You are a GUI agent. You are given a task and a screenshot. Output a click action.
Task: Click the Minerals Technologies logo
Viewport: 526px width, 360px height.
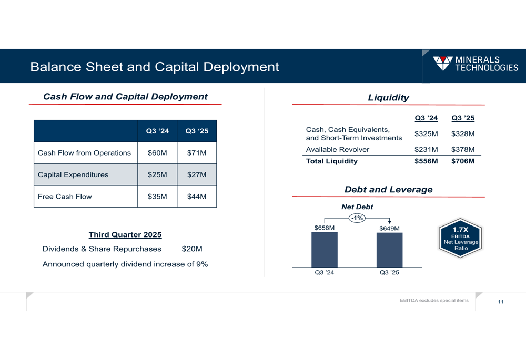(x=475, y=64)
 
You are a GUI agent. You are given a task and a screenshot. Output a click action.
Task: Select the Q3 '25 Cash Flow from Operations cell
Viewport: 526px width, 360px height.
(x=197, y=153)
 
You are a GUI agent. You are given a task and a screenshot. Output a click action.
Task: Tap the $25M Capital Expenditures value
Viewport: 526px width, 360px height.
(x=157, y=174)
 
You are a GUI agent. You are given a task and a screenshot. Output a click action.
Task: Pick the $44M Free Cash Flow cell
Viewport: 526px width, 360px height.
(x=197, y=197)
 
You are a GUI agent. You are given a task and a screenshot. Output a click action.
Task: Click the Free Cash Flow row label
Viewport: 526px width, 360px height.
(x=65, y=197)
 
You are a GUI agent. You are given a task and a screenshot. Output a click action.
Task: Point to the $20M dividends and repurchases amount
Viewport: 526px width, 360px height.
(x=192, y=249)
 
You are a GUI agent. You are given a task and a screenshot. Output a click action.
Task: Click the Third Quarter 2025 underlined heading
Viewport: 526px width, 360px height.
(x=125, y=235)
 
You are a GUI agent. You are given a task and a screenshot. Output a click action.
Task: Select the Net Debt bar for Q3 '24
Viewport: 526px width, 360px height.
(x=325, y=250)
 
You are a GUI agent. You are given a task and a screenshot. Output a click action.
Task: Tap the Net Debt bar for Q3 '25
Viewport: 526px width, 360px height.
(x=390, y=250)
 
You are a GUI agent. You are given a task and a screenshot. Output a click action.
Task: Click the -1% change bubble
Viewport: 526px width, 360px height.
(x=357, y=218)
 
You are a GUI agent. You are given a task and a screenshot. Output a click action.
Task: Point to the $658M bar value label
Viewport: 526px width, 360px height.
(x=325, y=228)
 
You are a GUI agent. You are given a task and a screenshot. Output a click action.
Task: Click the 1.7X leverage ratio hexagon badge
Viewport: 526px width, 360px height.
(x=461, y=238)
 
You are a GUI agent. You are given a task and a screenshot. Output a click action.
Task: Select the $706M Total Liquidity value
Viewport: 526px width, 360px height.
(x=463, y=161)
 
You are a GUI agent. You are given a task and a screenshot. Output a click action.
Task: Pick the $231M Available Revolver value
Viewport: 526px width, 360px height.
(x=426, y=150)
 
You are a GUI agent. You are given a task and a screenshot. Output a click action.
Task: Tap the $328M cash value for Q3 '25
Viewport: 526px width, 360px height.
(x=463, y=134)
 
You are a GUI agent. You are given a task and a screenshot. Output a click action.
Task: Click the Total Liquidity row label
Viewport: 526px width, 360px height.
(x=332, y=161)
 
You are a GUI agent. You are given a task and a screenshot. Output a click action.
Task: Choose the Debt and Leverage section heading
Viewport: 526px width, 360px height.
(x=388, y=189)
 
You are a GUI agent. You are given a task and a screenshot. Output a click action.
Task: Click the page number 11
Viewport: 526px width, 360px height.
(x=500, y=302)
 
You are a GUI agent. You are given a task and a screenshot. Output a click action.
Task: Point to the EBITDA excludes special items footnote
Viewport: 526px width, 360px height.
(x=434, y=301)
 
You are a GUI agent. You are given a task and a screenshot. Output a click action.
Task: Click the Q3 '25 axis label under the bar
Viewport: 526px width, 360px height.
(x=390, y=272)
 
